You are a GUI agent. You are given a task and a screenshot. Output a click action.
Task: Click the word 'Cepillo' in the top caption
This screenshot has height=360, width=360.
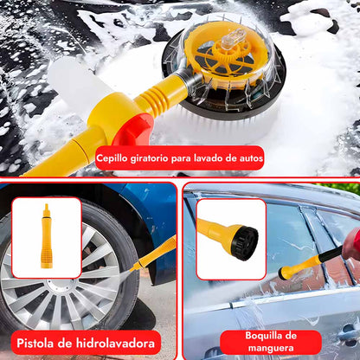coord(112,158)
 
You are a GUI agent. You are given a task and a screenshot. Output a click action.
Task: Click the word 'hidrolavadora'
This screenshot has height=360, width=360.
coord(115,344)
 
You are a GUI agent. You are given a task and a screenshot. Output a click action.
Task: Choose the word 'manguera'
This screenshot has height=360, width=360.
coord(271,348)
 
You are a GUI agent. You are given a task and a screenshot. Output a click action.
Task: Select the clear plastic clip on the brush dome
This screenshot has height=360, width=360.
coord(235,36)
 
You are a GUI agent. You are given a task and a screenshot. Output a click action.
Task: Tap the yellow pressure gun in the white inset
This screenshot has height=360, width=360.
coord(47,236)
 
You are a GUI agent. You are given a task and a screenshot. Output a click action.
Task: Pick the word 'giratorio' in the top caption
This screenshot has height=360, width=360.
coord(149,158)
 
